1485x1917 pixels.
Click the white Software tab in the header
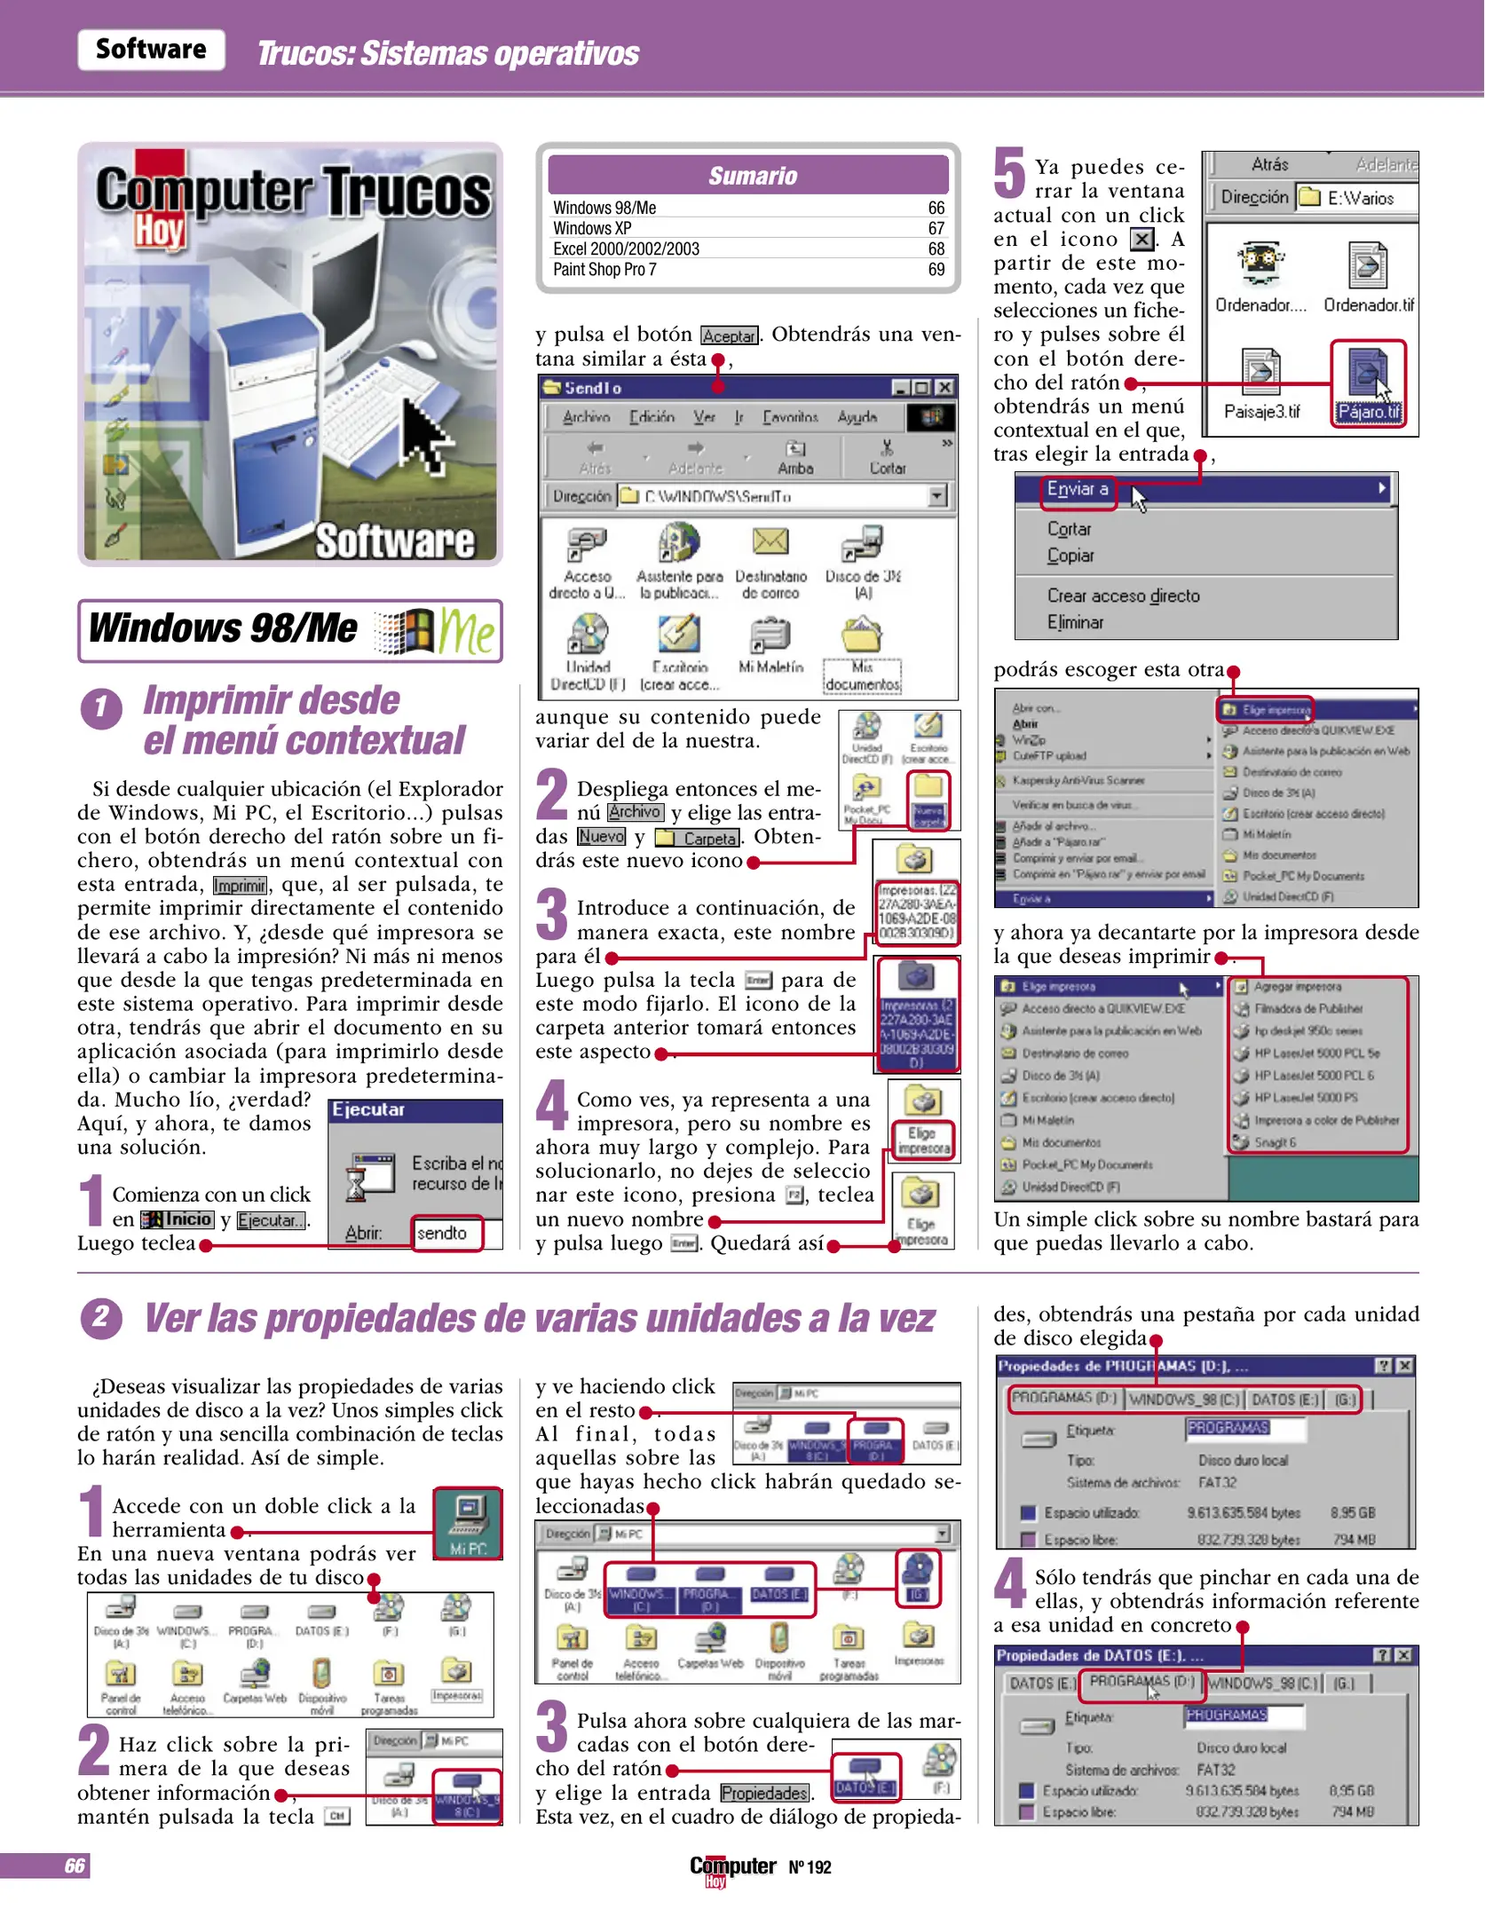pos(151,50)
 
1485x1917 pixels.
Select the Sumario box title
pos(752,176)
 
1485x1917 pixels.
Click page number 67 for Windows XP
pos(936,228)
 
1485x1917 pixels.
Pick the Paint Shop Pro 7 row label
pos(604,270)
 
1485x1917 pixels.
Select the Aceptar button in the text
pos(729,335)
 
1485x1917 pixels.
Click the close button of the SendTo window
pos(944,388)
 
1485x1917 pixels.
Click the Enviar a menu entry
pos(1078,489)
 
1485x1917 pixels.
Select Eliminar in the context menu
pos(1075,622)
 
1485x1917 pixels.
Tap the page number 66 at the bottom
pos(75,1866)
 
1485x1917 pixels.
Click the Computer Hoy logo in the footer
pos(731,1867)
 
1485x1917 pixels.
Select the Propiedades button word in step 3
pos(764,1793)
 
